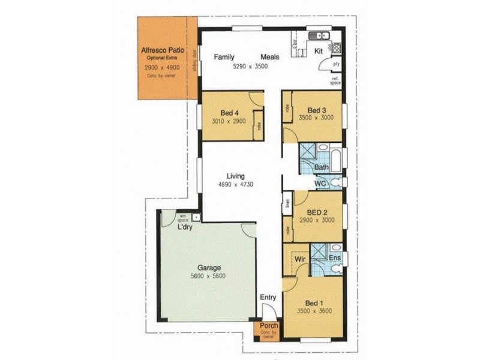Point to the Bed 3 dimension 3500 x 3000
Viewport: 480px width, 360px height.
coord(317,118)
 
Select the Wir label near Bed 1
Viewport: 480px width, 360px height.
coord(299,259)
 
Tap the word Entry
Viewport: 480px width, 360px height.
coord(268,297)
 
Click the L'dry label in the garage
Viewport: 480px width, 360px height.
coord(184,227)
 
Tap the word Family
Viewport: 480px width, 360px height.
coord(225,58)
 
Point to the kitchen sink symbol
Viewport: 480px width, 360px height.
coord(316,34)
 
